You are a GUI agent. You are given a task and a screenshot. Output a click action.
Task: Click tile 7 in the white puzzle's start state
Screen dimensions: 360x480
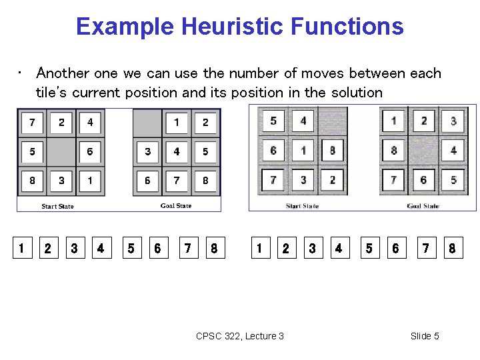tap(32, 123)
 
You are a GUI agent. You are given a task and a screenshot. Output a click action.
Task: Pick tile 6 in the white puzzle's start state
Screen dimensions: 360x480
tap(90, 152)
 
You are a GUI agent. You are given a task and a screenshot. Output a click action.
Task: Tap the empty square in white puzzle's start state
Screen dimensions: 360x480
tap(61, 152)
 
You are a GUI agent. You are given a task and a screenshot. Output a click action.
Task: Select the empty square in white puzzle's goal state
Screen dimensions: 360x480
tap(147, 123)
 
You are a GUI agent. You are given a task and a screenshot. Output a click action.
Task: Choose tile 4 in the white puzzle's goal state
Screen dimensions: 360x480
tap(177, 152)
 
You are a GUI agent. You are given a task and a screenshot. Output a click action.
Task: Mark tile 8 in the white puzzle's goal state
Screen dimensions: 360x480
tap(205, 181)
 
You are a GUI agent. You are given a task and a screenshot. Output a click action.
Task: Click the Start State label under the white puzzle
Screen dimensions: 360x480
tap(57, 206)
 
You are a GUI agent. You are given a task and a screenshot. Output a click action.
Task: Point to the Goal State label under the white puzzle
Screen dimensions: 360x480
tap(176, 206)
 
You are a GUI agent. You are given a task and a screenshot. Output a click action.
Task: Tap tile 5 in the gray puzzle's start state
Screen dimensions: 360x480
tap(273, 121)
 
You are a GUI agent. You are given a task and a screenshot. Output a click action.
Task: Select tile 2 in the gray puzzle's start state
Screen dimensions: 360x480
tap(332, 180)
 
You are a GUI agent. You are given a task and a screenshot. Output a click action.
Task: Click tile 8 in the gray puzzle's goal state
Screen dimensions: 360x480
tap(394, 151)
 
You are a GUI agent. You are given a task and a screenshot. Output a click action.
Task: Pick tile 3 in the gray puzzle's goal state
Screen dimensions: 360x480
tap(453, 121)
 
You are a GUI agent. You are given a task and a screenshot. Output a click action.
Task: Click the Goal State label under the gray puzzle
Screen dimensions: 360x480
tap(423, 206)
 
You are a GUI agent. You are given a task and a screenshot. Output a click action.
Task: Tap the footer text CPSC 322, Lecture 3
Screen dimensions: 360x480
tap(240, 336)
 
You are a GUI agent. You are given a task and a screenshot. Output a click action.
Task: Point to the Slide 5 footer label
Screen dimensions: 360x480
tap(425, 336)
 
